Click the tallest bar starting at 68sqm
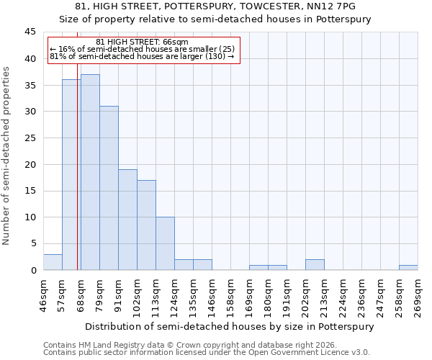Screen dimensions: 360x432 90,172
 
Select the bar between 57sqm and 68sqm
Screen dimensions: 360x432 71,175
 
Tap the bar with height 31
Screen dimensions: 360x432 109,188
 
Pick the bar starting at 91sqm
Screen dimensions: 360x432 127,220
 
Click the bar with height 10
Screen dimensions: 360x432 165,243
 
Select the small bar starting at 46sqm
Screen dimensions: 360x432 53,262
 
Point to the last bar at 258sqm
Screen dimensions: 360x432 408,267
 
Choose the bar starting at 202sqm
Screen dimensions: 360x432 315,264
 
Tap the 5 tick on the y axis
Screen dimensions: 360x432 33,243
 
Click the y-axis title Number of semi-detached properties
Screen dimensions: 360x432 6,156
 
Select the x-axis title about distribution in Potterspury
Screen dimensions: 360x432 230,326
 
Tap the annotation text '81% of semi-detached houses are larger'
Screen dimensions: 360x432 142,56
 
